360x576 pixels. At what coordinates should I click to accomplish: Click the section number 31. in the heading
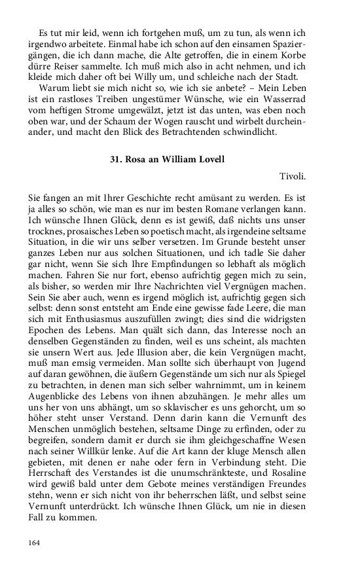point(117,159)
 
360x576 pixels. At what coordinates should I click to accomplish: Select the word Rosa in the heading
point(136,159)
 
